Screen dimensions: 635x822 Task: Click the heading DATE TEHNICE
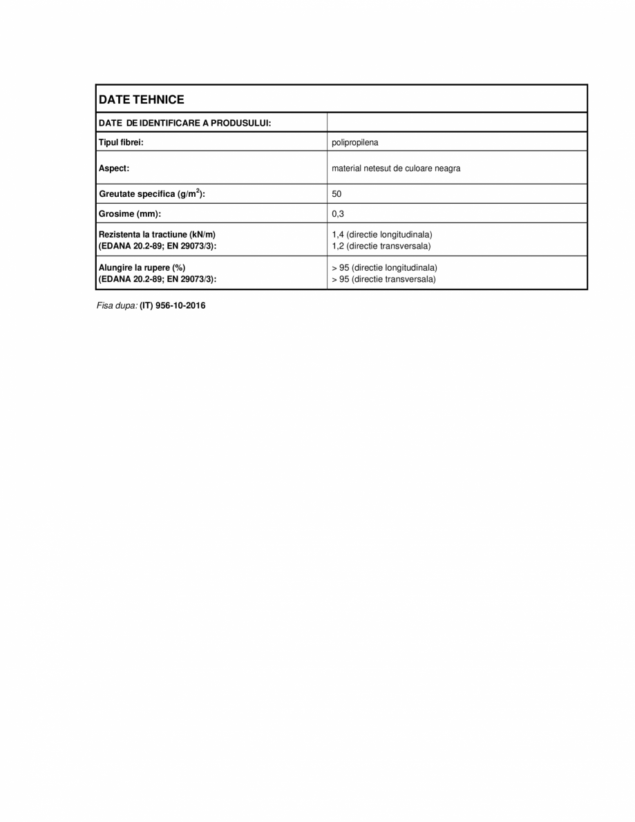pyautogui.click(x=142, y=99)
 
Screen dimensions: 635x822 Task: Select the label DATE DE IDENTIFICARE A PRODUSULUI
pyautogui.click(x=184, y=123)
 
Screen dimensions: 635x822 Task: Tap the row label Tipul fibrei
pyautogui.click(x=121, y=142)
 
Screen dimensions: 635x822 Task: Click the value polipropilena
pyautogui.click(x=355, y=143)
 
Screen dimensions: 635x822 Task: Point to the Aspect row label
pyautogui.click(x=114, y=168)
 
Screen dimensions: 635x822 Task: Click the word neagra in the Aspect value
pyautogui.click(x=447, y=169)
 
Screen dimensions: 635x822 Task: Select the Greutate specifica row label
pyautogui.click(x=152, y=195)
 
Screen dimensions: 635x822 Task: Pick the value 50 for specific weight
pyautogui.click(x=337, y=195)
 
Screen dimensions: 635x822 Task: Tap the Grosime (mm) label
pyautogui.click(x=130, y=214)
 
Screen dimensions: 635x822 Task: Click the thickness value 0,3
pyautogui.click(x=338, y=214)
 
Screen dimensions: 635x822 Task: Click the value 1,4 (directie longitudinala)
pyautogui.click(x=382, y=235)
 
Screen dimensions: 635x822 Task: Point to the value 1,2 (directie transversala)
pyautogui.click(x=381, y=246)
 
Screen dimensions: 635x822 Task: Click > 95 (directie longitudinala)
pyautogui.click(x=384, y=268)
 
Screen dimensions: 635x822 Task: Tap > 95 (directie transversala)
pyautogui.click(x=383, y=279)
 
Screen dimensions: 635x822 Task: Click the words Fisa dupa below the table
pyautogui.click(x=116, y=305)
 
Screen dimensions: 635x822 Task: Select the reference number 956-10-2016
pyautogui.click(x=181, y=305)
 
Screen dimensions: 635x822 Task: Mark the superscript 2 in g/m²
pyautogui.click(x=196, y=191)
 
